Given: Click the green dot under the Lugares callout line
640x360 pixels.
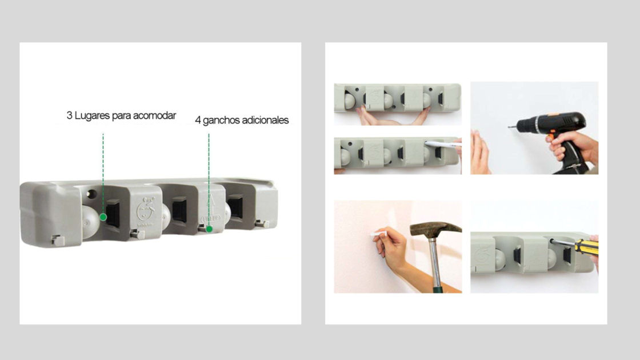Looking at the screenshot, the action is tap(103, 217).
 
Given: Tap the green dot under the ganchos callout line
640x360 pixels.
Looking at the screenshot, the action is tap(209, 229).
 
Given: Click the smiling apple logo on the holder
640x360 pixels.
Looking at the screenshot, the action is tap(146, 210).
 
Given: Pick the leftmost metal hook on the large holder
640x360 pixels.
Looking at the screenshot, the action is tap(58, 240).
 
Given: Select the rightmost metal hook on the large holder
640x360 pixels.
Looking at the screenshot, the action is tap(262, 223).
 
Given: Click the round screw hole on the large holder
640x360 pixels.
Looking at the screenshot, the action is tap(92, 194).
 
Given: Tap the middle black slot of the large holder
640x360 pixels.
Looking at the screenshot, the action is tap(179, 210).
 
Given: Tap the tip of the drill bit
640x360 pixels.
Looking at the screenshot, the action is tap(509, 127).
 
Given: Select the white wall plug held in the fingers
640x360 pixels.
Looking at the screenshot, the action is tap(379, 234).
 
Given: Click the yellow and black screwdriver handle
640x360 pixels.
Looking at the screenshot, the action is tap(586, 246).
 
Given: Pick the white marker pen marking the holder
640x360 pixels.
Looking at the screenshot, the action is tap(443, 145).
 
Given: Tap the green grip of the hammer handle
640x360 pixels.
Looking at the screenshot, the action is tap(438, 289).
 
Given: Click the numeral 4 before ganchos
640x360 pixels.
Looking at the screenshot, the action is tap(198, 121).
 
